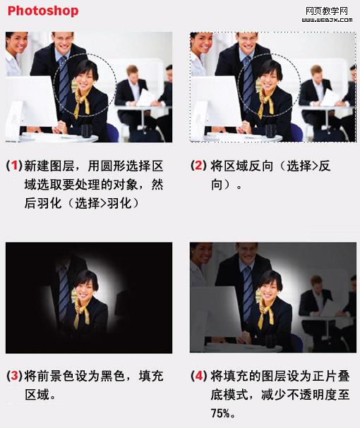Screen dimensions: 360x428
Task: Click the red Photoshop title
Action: coord(43,11)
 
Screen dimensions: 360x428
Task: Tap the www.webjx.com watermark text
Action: coord(327,20)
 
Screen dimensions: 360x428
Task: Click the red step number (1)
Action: coord(14,166)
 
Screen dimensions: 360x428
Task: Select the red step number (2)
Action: coord(198,166)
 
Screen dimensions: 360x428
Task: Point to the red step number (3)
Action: coord(14,376)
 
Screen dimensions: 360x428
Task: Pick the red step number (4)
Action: coord(198,376)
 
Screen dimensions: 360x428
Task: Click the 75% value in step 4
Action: coord(220,413)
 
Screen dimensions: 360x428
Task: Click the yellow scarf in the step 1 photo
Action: coord(81,103)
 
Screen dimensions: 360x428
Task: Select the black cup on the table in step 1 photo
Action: coord(86,130)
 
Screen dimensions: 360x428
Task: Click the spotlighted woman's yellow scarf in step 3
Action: coord(81,312)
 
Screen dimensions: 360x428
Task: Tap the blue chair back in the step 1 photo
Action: coord(113,133)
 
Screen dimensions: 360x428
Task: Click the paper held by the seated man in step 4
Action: coord(330,308)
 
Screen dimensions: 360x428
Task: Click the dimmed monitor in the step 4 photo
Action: coord(216,314)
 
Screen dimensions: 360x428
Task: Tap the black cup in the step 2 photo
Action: coord(270,130)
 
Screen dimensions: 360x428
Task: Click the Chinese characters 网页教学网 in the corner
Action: coord(327,11)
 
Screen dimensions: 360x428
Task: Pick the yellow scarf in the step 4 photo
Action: coord(265,312)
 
